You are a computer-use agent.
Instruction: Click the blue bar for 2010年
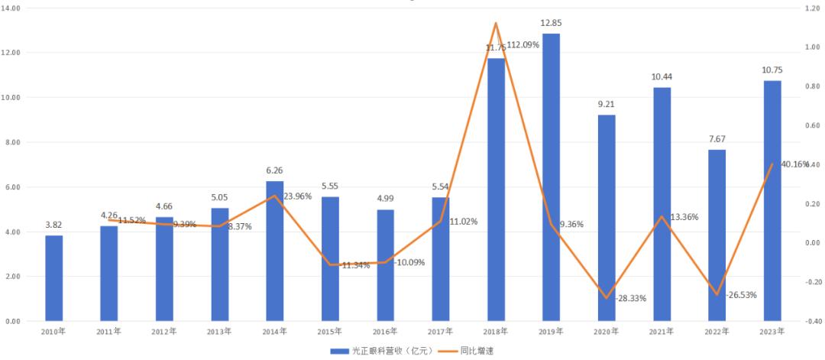[x=53, y=278]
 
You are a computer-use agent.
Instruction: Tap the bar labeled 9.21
[x=607, y=218]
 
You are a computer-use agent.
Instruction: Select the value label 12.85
[x=551, y=23]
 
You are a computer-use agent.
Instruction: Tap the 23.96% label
[x=300, y=196]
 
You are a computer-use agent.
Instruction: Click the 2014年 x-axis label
[x=274, y=332]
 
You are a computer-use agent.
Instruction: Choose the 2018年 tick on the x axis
[x=496, y=332]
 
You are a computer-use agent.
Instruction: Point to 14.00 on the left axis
[x=11, y=8]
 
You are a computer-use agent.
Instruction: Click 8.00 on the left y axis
[x=13, y=142]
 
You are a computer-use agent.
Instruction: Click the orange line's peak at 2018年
[x=496, y=23]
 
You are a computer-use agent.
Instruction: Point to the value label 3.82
[x=53, y=225]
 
